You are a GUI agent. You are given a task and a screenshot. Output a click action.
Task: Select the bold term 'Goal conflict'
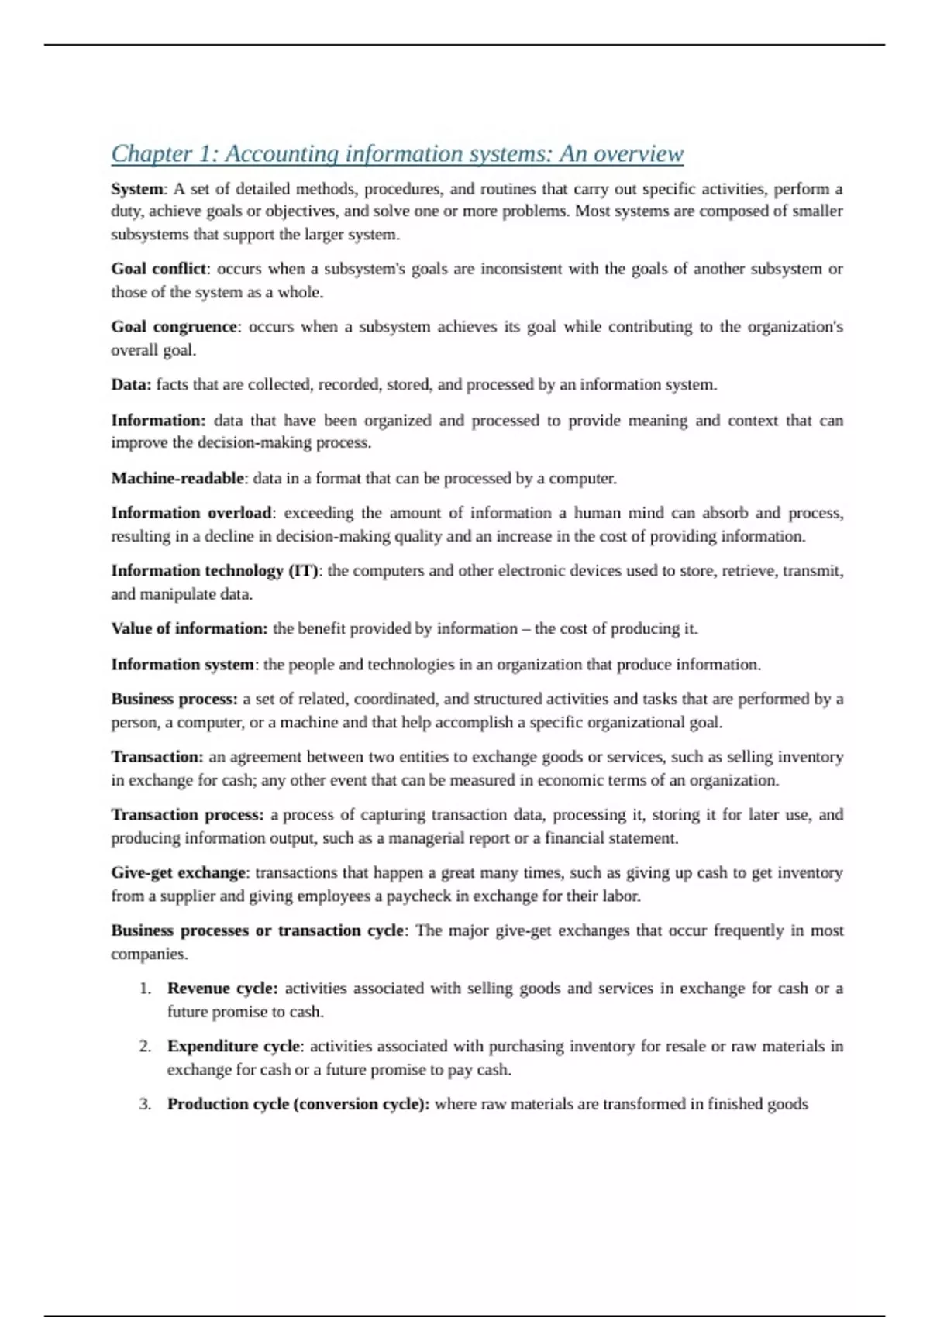[x=159, y=269]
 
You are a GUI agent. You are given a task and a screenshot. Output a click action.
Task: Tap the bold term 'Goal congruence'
[x=174, y=327]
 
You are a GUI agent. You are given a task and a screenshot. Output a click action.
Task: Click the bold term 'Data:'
[x=131, y=385]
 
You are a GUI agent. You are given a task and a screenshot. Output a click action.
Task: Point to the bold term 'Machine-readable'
[x=177, y=479]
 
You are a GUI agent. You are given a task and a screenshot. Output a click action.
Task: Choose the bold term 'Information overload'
[x=191, y=513]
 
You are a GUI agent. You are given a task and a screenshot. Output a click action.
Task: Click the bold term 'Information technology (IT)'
[x=215, y=571]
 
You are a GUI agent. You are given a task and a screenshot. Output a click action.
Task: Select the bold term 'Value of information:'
[x=189, y=629]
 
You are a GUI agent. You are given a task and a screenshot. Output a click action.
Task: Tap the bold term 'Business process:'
[x=174, y=699]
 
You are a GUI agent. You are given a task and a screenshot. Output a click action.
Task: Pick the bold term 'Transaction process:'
[x=188, y=815]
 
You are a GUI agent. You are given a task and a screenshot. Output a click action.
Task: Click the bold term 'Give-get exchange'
[x=178, y=873]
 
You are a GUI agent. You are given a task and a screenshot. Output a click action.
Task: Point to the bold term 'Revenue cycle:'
[x=222, y=989]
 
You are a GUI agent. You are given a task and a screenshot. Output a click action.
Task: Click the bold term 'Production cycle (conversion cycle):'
[x=298, y=1104]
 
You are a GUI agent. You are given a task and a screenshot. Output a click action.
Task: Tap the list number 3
[x=145, y=1104]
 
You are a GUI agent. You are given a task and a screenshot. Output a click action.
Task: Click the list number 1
[x=145, y=989]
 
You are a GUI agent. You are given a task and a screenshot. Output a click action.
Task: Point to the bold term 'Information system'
[x=182, y=665]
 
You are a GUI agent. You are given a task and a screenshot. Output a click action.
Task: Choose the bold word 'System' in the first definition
[x=137, y=189]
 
